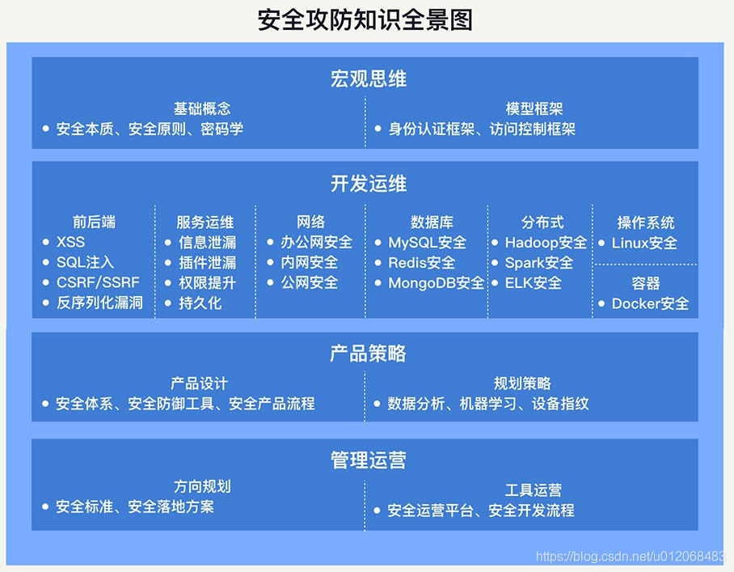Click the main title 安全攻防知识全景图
tap(365, 20)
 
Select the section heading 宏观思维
tap(369, 78)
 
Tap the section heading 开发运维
tap(369, 183)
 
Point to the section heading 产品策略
tap(368, 353)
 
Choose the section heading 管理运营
tap(369, 460)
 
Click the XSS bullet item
tap(70, 242)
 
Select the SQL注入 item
tap(85, 262)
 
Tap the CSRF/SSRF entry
tap(98, 282)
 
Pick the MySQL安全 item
tap(428, 242)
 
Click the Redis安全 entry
tap(422, 262)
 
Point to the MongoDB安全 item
tap(437, 282)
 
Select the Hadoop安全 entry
tap(546, 242)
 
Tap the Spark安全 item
tap(539, 262)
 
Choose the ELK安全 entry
tap(534, 282)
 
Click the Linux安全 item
tap(644, 243)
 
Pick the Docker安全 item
tap(650, 303)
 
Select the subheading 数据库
tap(432, 222)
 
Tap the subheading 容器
tap(646, 283)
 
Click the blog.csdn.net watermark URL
tap(631, 556)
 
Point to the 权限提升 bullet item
tap(208, 282)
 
